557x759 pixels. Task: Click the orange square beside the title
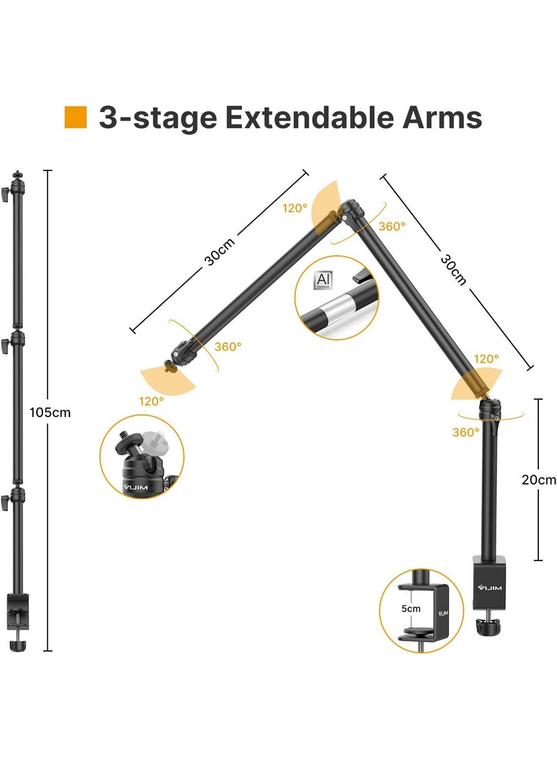[75, 117]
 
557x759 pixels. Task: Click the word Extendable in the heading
[307, 117]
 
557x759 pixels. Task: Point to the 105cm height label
[50, 412]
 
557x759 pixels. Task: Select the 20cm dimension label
[539, 479]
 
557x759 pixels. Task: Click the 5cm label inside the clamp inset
[412, 608]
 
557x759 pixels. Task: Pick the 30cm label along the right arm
[453, 269]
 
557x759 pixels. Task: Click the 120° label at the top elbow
[295, 208]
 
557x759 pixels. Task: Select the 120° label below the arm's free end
[151, 401]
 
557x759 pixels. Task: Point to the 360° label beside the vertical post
[466, 432]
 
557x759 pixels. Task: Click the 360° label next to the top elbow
[391, 226]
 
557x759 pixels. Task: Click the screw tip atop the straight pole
[16, 172]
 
